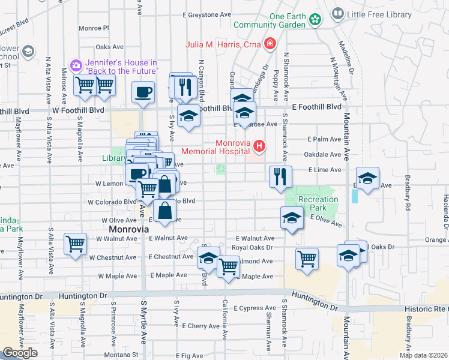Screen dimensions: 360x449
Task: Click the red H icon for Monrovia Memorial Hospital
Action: pyautogui.click(x=259, y=146)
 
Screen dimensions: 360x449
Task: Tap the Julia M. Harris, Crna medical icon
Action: pyautogui.click(x=270, y=43)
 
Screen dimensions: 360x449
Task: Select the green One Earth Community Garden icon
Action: pyautogui.click(x=315, y=20)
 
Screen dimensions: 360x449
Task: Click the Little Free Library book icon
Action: pyautogui.click(x=338, y=13)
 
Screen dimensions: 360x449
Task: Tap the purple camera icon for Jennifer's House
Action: pyautogui.click(x=76, y=65)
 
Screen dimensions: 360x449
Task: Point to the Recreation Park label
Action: pyautogui.click(x=318, y=203)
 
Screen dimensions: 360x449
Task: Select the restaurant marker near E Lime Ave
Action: pyautogui.click(x=280, y=176)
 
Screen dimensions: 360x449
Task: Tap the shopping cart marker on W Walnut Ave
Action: pyautogui.click(x=76, y=244)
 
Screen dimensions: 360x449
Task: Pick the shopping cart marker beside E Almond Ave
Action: pyautogui.click(x=228, y=265)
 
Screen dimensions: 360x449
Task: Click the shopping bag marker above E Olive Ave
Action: pyautogui.click(x=164, y=211)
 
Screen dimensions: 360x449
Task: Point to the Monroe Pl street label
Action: pyautogui.click(x=93, y=28)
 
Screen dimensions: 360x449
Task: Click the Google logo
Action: pyautogui.click(x=20, y=353)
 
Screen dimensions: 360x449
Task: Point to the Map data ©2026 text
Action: pyautogui.click(x=423, y=355)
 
